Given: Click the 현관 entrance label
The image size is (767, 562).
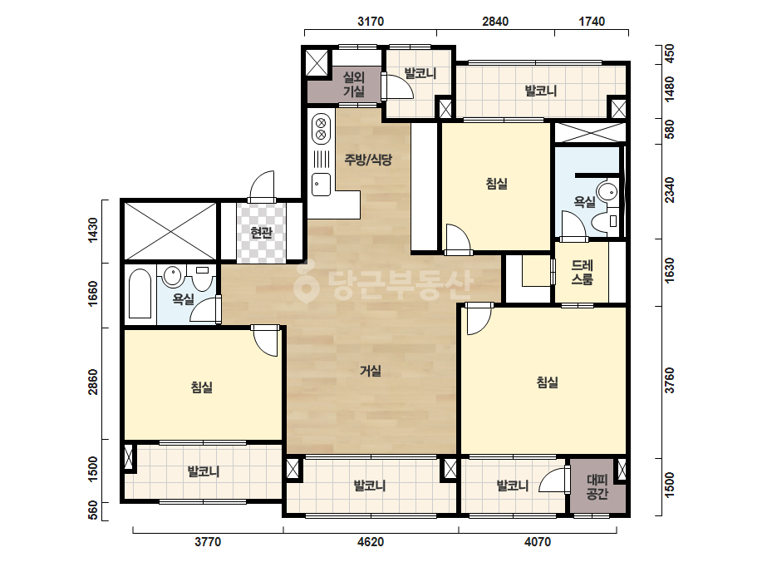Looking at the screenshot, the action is (x=261, y=232).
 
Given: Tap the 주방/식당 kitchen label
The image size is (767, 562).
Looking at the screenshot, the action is (x=368, y=159).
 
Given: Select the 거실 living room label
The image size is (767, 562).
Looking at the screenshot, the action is (x=371, y=371).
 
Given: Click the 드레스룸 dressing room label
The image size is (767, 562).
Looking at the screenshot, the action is (x=582, y=272).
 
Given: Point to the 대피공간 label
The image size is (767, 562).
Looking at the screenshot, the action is (x=597, y=486).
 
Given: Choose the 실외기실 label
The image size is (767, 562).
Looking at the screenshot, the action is (x=354, y=84).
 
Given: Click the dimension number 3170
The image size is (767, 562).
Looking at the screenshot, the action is (x=371, y=22).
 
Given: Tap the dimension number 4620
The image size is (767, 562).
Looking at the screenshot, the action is (x=371, y=542).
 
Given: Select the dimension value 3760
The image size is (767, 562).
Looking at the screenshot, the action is (x=670, y=380).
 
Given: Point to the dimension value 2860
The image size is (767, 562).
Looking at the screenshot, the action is (x=92, y=382).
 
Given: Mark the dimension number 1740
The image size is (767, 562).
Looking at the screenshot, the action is (x=592, y=22).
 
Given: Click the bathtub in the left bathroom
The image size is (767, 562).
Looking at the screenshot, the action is (x=140, y=293).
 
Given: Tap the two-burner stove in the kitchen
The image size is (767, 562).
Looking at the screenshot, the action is (x=321, y=127).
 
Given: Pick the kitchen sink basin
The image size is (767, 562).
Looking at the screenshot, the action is (x=321, y=185).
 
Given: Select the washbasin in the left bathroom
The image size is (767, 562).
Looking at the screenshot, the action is (x=172, y=276).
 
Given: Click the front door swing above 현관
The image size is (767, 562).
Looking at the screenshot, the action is (x=263, y=186).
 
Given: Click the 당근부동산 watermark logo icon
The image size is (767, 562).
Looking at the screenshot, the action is (x=306, y=282).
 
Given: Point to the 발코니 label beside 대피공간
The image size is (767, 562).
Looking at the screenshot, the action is (x=513, y=486).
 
